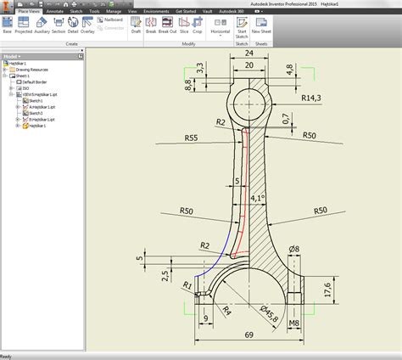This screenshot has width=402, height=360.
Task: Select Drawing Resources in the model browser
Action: pyautogui.click(x=31, y=70)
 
